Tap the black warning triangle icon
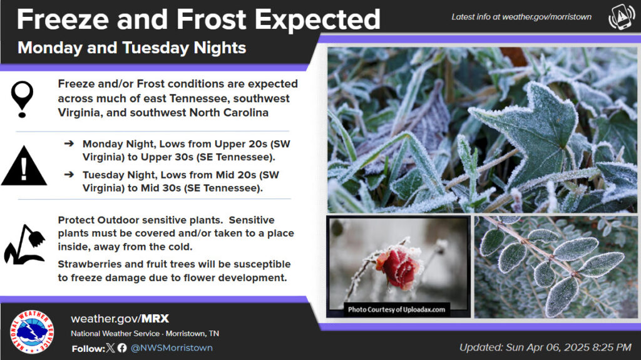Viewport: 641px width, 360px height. (x=24, y=166)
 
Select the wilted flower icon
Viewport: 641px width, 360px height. (x=24, y=245)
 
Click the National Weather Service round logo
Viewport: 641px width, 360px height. (x=32, y=331)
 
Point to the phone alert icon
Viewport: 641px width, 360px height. (x=622, y=17)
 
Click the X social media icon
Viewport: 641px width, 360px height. (x=110, y=348)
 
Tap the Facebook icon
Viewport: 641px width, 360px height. (x=122, y=348)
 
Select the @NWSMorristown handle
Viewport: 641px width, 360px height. (x=172, y=348)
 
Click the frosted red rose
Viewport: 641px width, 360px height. (x=397, y=267)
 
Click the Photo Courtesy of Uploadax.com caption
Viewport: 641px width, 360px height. (x=396, y=310)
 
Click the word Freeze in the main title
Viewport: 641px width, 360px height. (x=64, y=19)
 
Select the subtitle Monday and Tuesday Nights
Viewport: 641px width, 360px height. (x=131, y=48)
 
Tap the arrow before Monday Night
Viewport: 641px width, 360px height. (x=69, y=143)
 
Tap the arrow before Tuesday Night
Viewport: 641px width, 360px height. (x=69, y=175)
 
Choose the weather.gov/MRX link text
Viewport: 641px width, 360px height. (x=120, y=319)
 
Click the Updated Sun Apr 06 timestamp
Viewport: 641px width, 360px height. (x=545, y=347)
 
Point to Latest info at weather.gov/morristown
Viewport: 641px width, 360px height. (x=521, y=17)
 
